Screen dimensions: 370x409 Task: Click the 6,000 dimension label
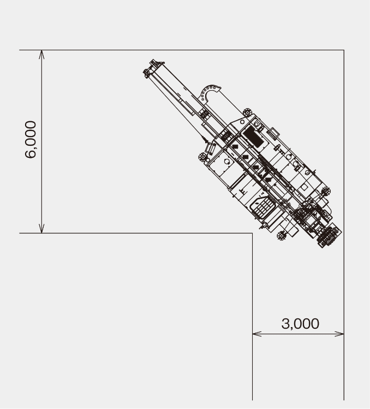click(x=31, y=139)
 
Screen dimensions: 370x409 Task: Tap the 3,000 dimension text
click(x=300, y=323)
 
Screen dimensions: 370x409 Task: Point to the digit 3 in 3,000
click(x=285, y=323)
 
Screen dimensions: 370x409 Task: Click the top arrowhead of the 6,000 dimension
click(x=41, y=55)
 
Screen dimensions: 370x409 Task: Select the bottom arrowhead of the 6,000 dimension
click(x=41, y=228)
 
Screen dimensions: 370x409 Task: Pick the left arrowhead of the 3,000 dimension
click(x=257, y=334)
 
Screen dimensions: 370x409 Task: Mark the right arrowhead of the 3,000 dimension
click(x=339, y=334)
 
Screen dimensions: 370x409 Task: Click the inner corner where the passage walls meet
click(x=252, y=233)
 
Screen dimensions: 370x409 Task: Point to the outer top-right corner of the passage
click(x=344, y=50)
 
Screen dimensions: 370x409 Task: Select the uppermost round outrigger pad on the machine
click(x=247, y=112)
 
